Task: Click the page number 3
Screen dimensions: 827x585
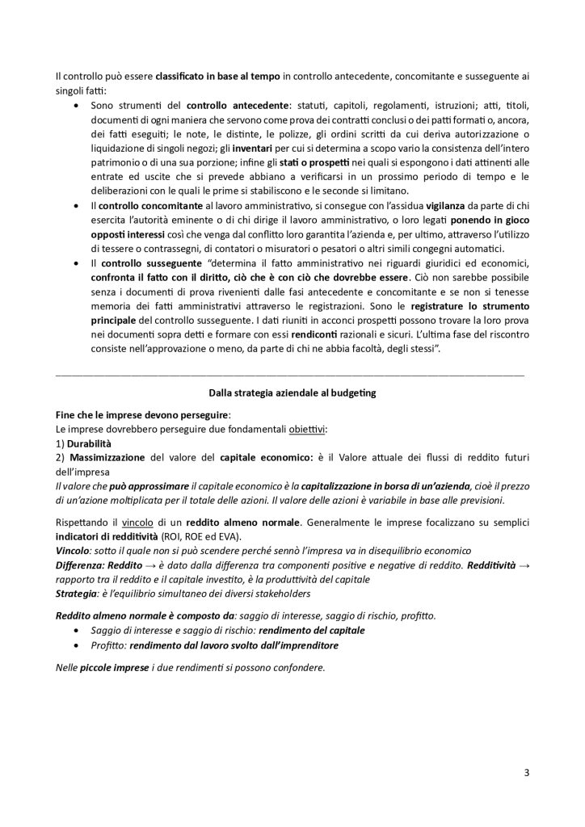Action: click(x=526, y=772)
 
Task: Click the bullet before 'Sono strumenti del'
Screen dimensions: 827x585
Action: click(x=77, y=105)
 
